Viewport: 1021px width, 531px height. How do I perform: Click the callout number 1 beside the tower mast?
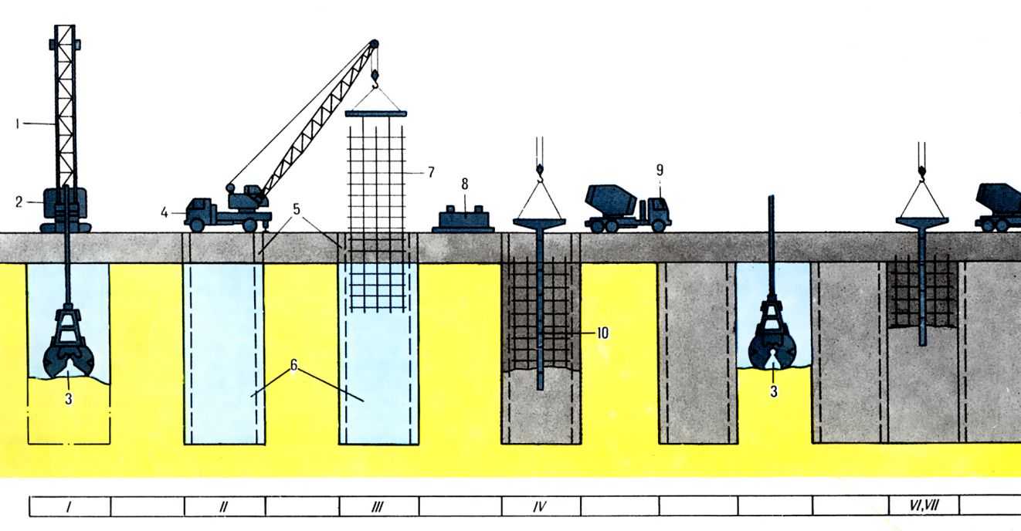(17, 123)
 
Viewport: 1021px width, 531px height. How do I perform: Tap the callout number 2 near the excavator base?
(19, 201)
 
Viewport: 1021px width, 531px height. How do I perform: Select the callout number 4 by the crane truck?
(165, 212)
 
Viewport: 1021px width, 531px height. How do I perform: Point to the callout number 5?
(297, 209)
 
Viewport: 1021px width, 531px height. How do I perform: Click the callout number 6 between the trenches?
(294, 365)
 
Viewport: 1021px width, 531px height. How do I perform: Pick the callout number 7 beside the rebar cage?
(431, 172)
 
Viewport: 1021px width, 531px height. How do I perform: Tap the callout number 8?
(464, 184)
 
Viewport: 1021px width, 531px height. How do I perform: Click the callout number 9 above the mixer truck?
(660, 170)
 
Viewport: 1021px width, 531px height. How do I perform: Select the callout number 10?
(602, 333)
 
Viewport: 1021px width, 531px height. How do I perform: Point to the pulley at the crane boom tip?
(373, 44)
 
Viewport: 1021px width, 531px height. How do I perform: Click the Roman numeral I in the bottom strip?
(69, 507)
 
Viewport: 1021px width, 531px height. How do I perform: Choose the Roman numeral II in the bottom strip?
(223, 507)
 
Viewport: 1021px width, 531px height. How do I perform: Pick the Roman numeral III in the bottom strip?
(378, 507)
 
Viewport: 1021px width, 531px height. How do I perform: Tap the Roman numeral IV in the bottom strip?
(540, 507)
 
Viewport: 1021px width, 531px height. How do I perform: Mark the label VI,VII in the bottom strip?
(924, 506)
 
